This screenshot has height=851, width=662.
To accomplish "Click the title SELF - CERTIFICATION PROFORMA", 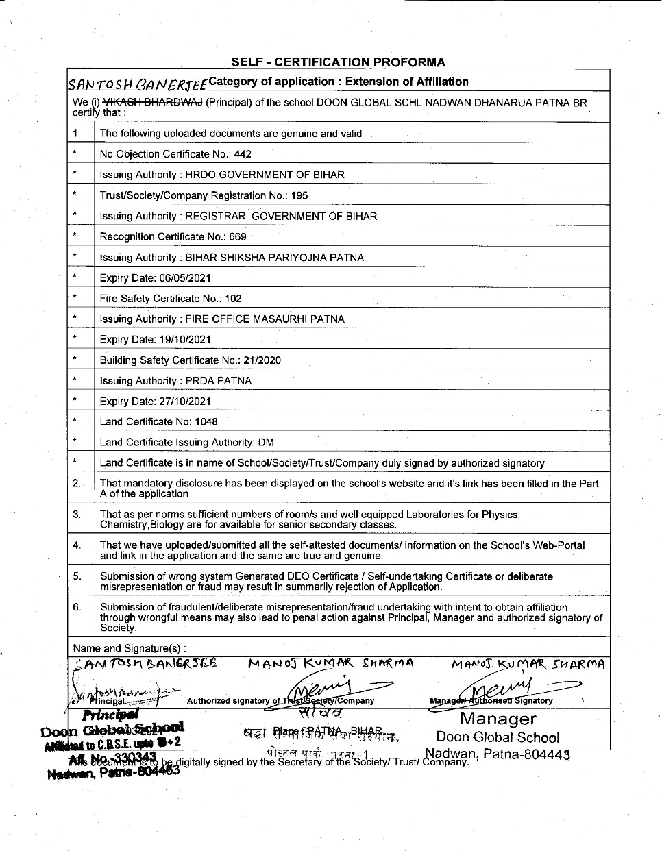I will point(338,62).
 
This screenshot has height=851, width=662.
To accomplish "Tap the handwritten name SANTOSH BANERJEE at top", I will point(136,84).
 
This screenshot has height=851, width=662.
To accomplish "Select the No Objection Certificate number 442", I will point(243,154).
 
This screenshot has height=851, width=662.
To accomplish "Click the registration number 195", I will point(299,195).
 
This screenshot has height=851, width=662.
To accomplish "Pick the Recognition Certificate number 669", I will point(238,237).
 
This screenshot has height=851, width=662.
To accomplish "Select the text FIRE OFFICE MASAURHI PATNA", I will point(265,319).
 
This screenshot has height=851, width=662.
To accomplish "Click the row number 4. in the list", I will point(77,545).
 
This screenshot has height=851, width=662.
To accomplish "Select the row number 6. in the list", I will point(77,607).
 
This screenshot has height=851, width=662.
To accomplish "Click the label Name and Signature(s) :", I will point(129,648).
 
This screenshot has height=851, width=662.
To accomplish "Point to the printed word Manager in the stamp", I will point(498,719).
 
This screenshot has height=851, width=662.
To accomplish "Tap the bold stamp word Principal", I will point(110,715).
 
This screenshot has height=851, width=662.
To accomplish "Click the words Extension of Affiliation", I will point(407,82).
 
